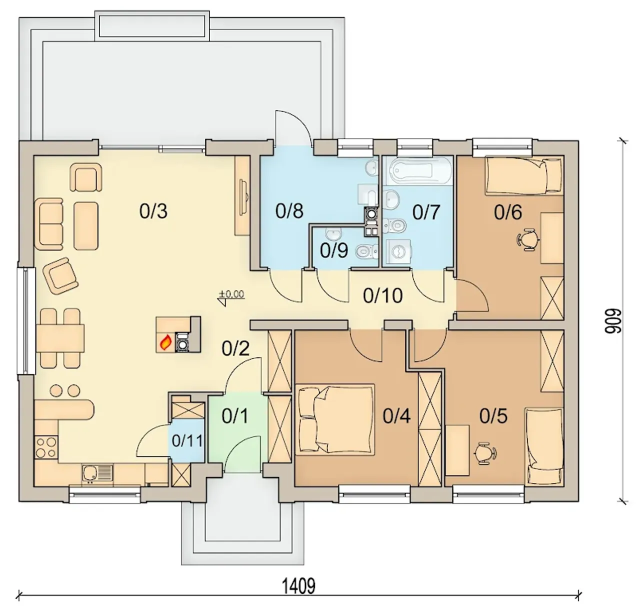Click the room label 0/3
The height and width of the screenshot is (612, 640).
click(153, 211)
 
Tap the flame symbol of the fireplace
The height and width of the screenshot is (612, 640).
click(165, 342)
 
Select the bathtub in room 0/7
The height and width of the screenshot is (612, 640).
click(416, 170)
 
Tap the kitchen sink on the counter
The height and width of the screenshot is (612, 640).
click(97, 473)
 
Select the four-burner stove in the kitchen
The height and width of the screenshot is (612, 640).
click(45, 447)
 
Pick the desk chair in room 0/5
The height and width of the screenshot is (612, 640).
click(484, 454)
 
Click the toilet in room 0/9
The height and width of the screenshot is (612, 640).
click(366, 252)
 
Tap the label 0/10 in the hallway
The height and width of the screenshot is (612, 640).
click(383, 295)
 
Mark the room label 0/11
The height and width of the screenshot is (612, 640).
click(187, 440)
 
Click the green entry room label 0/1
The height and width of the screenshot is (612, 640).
click(235, 416)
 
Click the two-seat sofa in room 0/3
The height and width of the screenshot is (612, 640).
click(51, 224)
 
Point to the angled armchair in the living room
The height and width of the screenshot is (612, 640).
click(60, 276)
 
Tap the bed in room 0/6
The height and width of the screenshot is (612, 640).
click(524, 176)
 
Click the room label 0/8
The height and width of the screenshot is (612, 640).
click(289, 211)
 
